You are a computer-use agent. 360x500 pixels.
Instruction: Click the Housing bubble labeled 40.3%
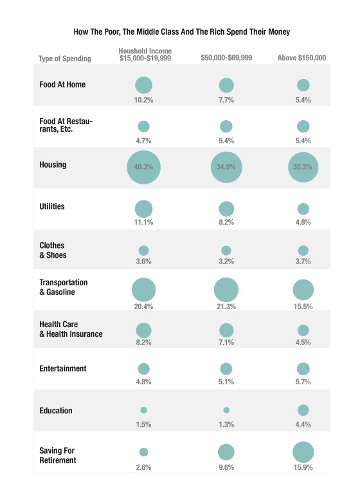tap(143, 167)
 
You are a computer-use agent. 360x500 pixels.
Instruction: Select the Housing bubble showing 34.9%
tap(226, 167)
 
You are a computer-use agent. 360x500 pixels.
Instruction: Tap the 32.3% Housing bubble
tap(303, 167)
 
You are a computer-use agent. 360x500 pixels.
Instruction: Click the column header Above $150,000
tap(301, 58)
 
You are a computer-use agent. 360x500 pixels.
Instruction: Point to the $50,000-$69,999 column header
tap(226, 58)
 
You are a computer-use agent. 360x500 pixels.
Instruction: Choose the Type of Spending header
tap(65, 58)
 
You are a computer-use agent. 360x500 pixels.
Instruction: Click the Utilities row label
tap(52, 207)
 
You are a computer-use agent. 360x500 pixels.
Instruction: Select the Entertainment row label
tap(63, 369)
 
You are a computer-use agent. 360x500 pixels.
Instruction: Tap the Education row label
tap(56, 411)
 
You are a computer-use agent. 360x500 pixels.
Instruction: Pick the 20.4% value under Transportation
tap(143, 307)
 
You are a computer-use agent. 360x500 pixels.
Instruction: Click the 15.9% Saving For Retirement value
tap(303, 467)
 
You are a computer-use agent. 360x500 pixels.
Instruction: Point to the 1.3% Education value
tap(226, 425)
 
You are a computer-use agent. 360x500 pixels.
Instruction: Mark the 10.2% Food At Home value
tap(143, 100)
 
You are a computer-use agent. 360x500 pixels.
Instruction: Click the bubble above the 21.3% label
tap(226, 289)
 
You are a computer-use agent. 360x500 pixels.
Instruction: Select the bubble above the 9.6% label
tap(226, 452)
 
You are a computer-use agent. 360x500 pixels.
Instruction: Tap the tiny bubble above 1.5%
tap(143, 410)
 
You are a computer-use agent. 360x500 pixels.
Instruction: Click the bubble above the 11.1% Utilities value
tap(143, 209)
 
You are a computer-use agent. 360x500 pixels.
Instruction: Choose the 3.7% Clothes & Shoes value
tap(303, 262)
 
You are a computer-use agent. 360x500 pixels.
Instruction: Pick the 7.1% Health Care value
tap(226, 343)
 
